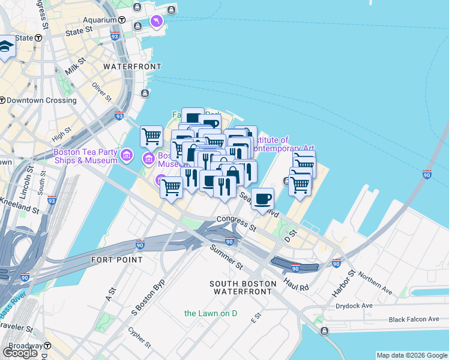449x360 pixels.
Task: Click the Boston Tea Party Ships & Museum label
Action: coord(85,156)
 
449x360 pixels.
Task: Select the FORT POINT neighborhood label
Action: coord(117,260)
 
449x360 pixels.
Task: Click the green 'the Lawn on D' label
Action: coord(211,313)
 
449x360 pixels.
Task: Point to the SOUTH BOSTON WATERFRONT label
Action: coord(243,287)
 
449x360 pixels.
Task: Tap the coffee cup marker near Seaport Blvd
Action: coord(262,199)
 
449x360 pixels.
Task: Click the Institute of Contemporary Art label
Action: coord(282,144)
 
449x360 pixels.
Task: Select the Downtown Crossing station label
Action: coord(42,100)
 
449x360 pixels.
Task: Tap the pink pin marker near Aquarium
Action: coord(157,22)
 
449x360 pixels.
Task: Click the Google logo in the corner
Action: coord(20,353)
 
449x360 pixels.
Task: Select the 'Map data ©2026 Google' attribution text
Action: coord(411,355)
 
